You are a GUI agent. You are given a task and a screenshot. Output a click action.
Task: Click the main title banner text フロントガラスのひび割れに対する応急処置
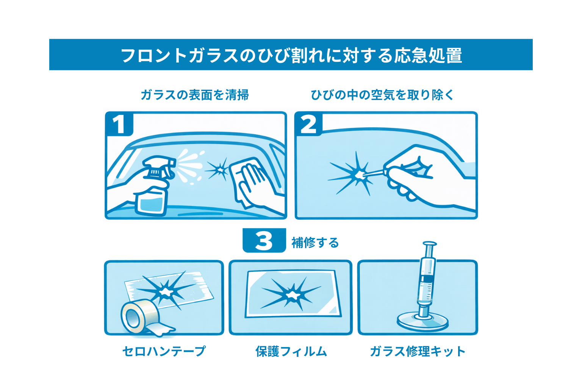coord(291,55)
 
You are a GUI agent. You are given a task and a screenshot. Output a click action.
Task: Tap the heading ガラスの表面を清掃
coord(194,95)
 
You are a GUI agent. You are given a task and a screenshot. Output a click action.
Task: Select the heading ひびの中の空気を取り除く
coord(382,95)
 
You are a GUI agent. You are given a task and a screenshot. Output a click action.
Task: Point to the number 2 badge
coord(308,124)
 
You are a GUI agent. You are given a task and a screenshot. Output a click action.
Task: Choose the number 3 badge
coord(264,241)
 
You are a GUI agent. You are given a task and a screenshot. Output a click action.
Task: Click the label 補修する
coord(315,242)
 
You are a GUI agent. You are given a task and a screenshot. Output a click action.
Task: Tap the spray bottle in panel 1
coord(153,193)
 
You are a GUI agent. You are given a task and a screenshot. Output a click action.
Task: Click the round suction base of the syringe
coord(422,322)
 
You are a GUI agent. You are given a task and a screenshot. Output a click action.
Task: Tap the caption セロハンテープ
coord(164,351)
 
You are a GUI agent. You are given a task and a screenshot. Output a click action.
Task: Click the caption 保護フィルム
coord(291,351)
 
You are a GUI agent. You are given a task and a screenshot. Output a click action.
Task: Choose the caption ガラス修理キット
coord(417,351)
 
